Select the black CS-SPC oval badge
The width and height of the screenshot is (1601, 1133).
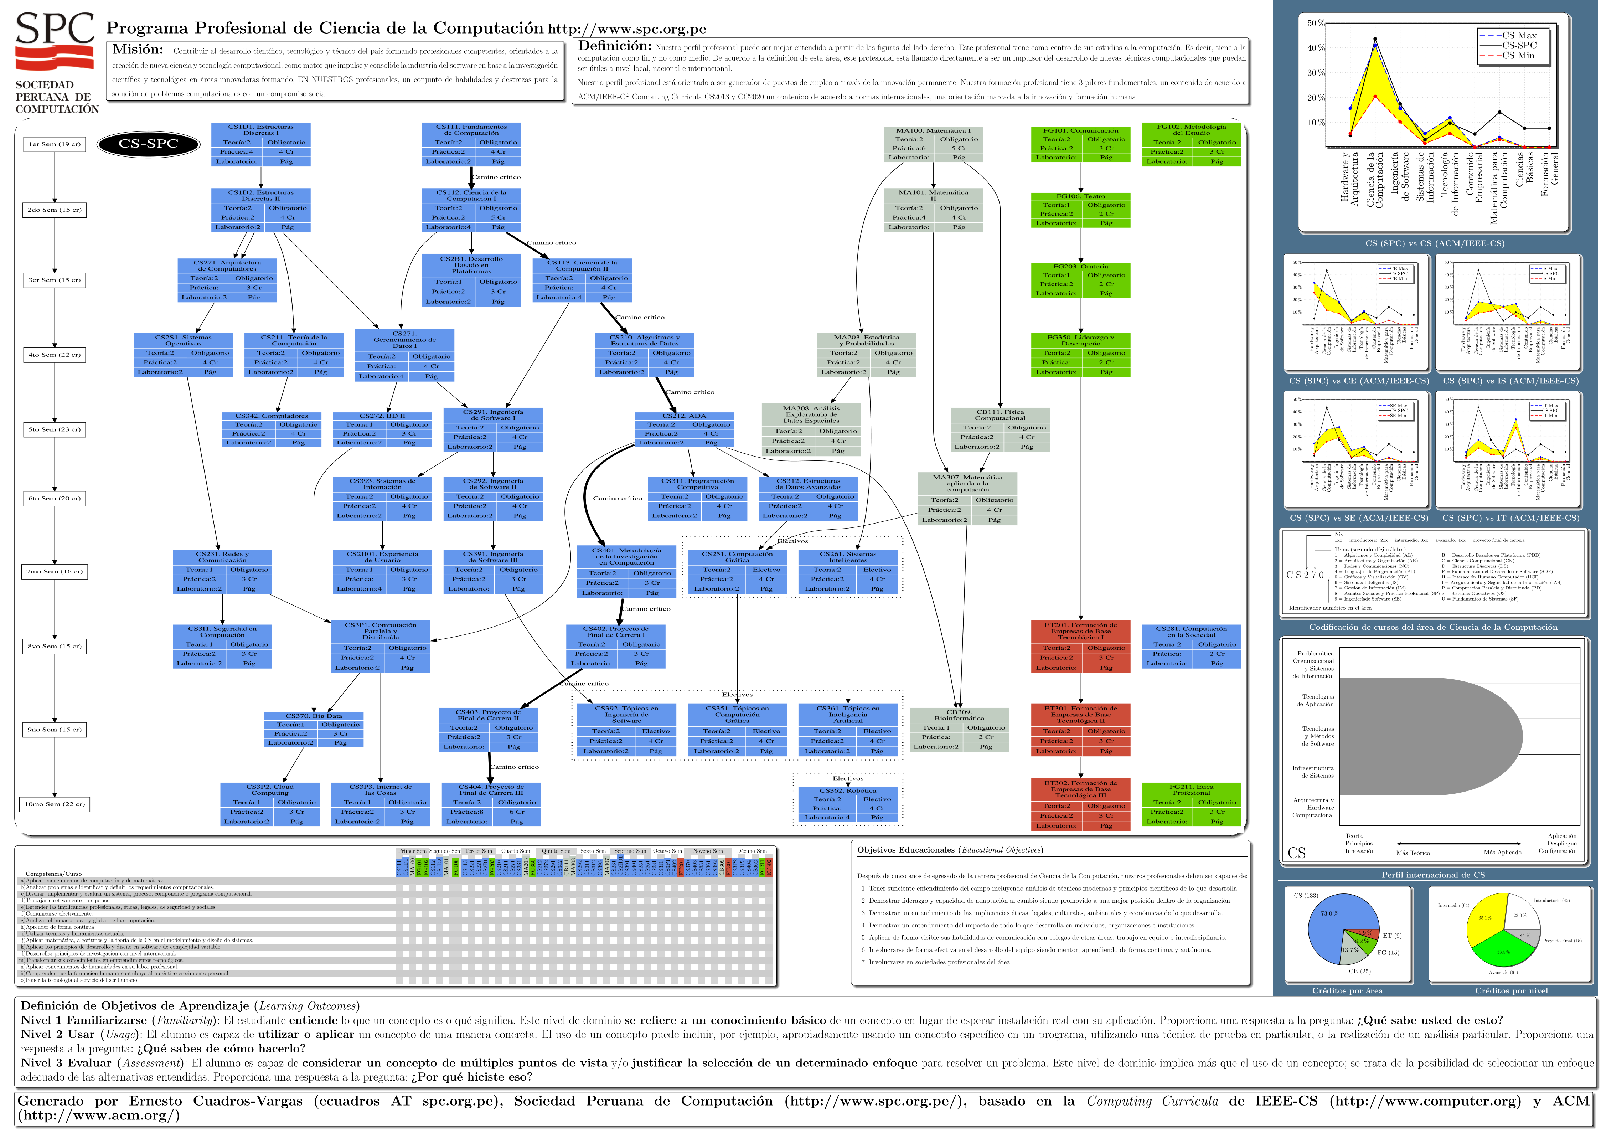[x=148, y=144]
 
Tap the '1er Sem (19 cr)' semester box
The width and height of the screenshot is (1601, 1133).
[x=55, y=144]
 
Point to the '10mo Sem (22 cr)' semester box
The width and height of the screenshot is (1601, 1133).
[x=55, y=804]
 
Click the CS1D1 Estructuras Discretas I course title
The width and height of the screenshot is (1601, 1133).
[x=260, y=130]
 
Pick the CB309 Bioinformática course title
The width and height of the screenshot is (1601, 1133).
[x=959, y=715]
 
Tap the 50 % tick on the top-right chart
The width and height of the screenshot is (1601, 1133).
[x=1316, y=23]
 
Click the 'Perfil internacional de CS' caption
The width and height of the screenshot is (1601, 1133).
[x=1433, y=875]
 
